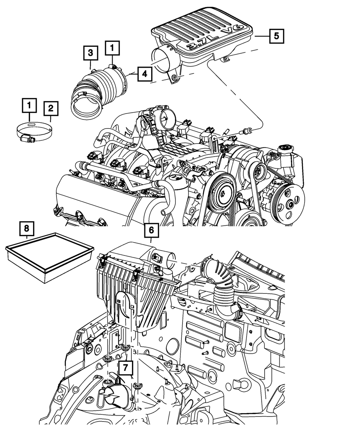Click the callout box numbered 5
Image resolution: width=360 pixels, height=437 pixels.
[276, 36]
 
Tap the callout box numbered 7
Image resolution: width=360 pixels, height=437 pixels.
[126, 368]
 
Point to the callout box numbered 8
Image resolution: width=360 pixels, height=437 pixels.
[27, 228]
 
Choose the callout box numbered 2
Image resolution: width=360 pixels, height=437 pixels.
[51, 108]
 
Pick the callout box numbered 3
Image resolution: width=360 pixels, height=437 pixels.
[90, 53]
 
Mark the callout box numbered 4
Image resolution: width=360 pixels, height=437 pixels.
[144, 74]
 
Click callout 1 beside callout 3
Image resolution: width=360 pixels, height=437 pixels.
[112, 47]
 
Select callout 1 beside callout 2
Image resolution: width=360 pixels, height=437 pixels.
[30, 105]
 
